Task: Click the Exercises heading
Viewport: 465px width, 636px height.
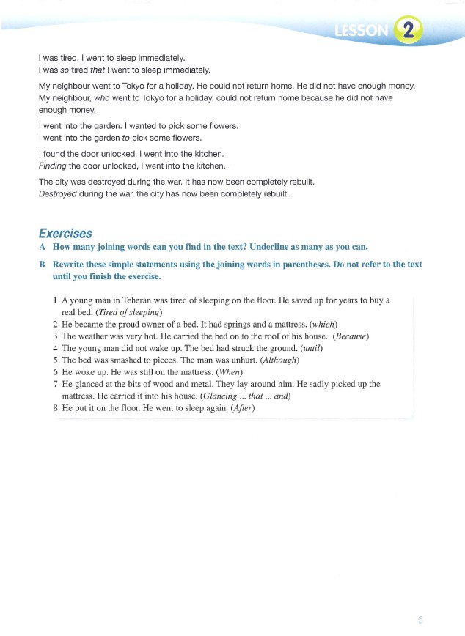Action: click(65, 234)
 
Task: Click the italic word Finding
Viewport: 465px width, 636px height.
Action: click(52, 165)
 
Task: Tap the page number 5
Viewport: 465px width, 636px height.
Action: click(420, 619)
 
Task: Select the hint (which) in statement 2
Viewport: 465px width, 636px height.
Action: click(323, 324)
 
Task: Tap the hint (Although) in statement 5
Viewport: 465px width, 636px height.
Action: click(276, 360)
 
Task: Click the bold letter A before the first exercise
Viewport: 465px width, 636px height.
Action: click(42, 247)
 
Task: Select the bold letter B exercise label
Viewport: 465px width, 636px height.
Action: click(42, 265)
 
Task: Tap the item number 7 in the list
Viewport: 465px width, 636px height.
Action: click(56, 384)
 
